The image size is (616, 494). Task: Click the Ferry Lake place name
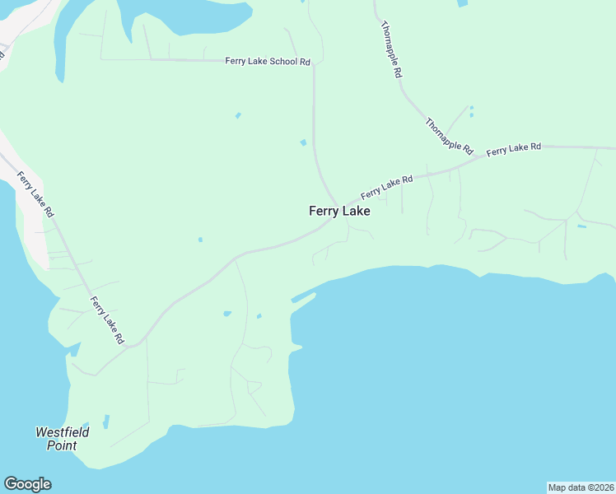tap(339, 211)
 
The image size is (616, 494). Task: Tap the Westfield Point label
tap(62, 439)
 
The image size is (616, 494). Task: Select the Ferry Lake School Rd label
tap(268, 62)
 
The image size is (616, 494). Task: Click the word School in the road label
tap(284, 62)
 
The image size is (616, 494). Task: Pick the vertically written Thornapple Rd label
tap(391, 50)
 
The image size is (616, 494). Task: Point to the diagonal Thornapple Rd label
tap(450, 137)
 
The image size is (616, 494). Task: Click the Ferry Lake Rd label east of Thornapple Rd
tap(514, 149)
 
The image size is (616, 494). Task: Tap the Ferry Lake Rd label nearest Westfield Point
tap(107, 320)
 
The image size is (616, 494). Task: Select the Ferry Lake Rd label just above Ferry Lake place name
tap(386, 187)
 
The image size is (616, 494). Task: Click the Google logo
tap(27, 484)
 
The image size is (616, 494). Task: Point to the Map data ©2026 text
tap(581, 487)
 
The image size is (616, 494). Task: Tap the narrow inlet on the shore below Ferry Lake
tap(303, 298)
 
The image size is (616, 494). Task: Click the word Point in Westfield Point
tap(62, 445)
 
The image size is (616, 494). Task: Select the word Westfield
tap(62, 432)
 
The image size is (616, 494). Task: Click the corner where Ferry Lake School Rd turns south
tap(313, 64)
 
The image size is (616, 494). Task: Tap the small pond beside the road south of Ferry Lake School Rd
tap(304, 143)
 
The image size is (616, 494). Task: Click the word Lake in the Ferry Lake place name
tap(356, 211)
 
